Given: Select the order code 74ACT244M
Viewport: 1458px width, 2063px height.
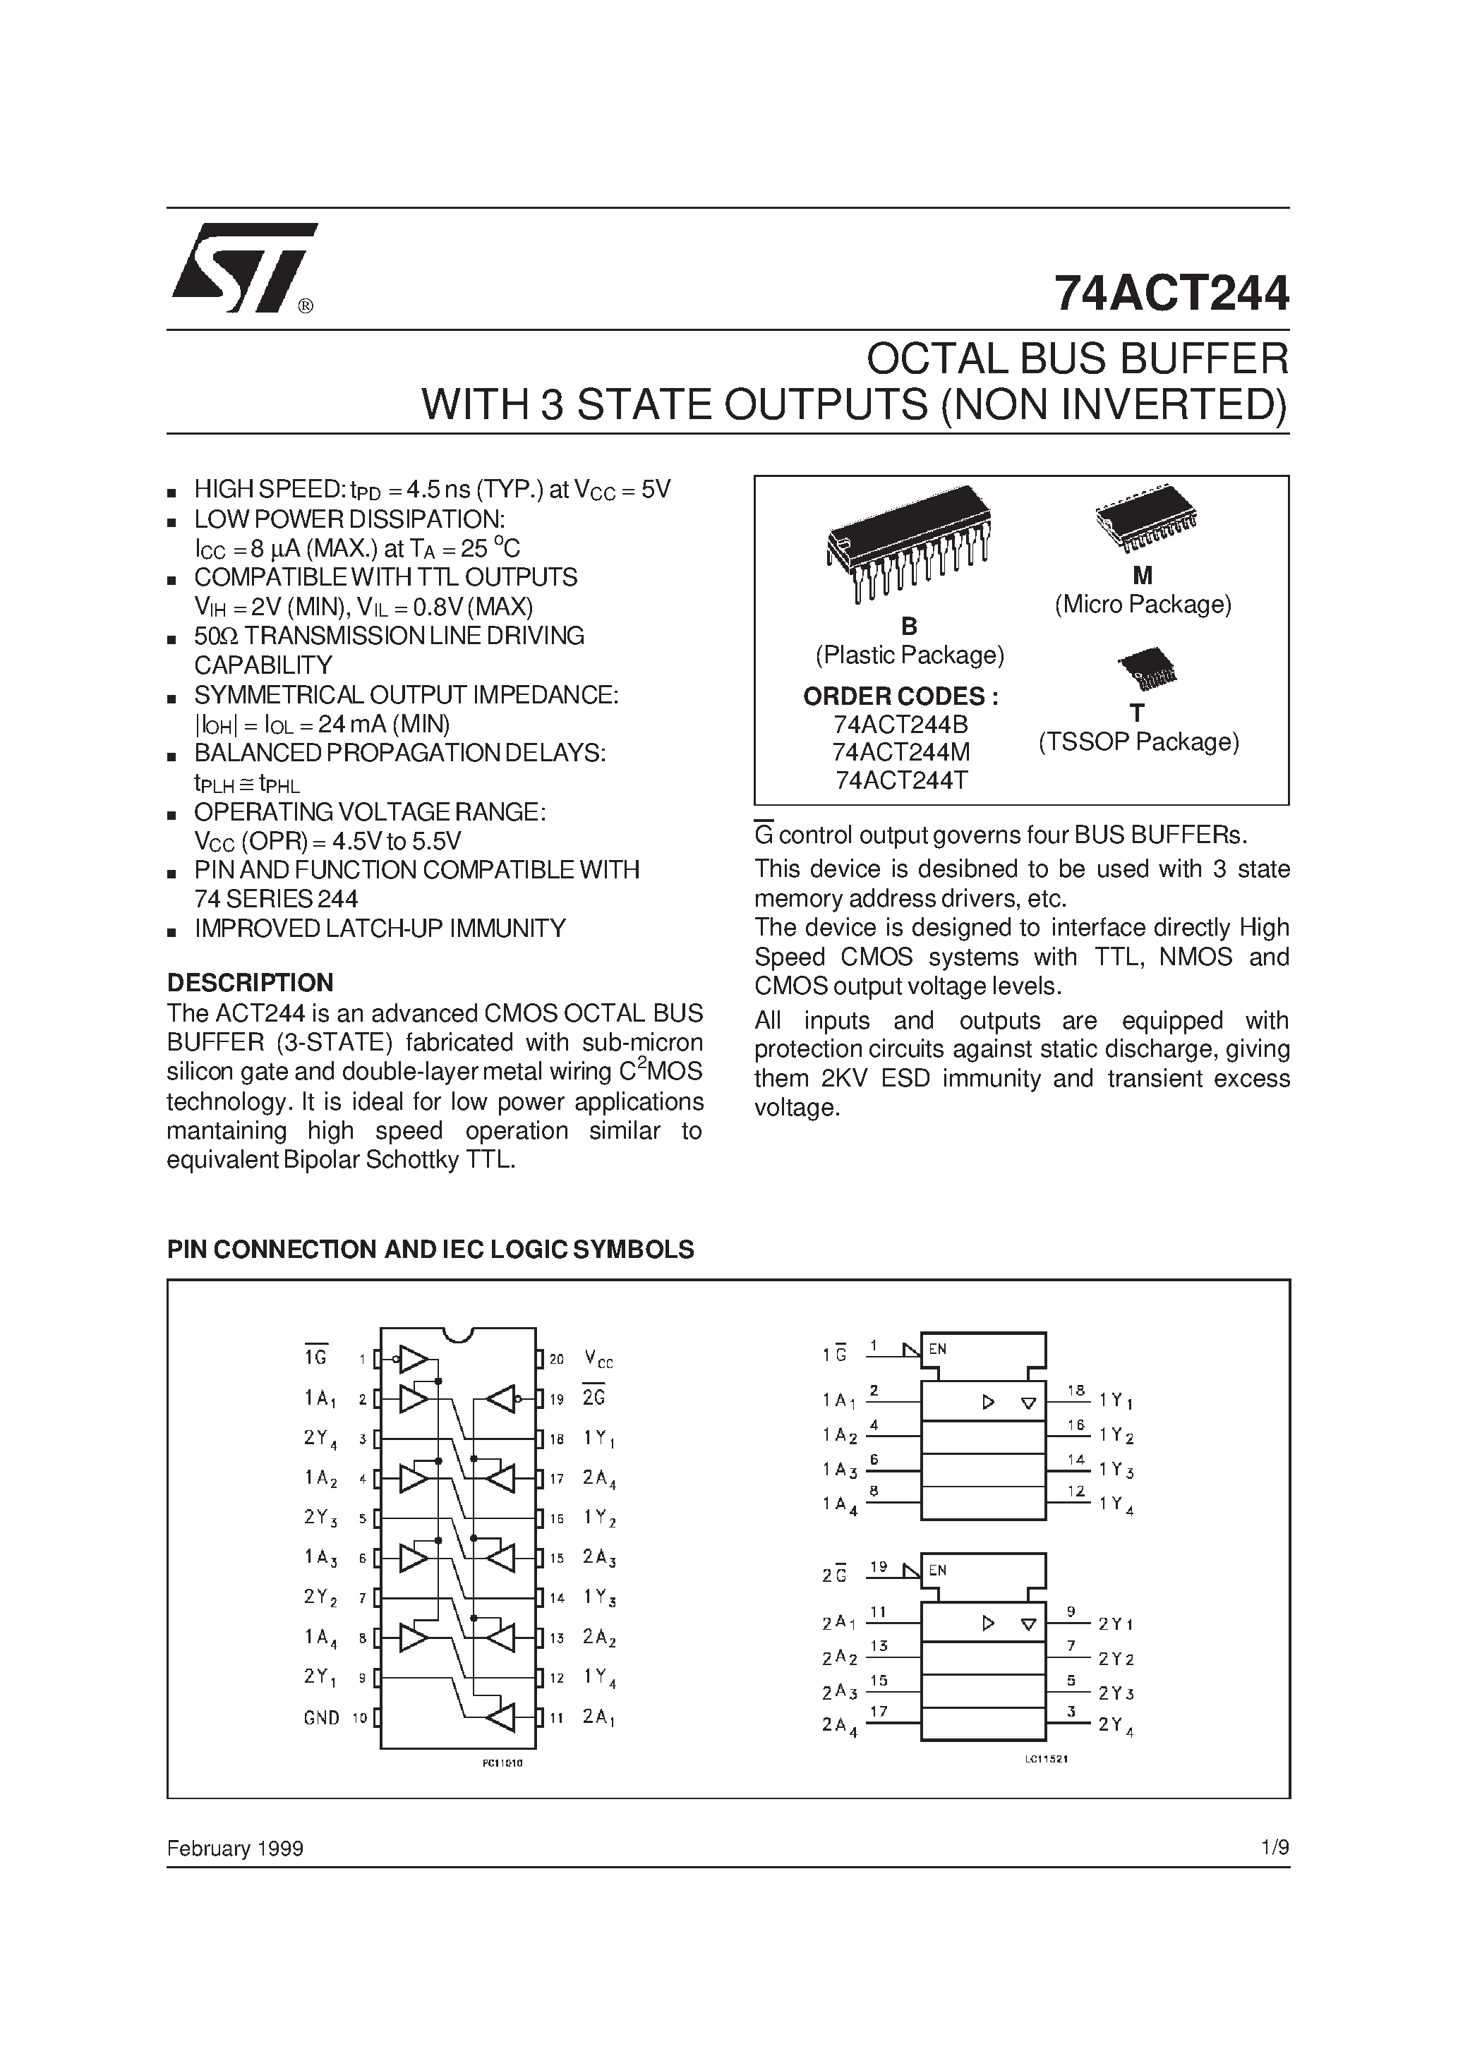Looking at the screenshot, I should pyautogui.click(x=900, y=752).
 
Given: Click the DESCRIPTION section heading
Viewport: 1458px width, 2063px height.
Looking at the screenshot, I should pyautogui.click(x=250, y=982).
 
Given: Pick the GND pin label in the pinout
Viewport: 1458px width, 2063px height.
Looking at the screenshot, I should pyautogui.click(x=321, y=1718).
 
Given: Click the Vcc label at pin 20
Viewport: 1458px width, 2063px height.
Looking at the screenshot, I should pyautogui.click(x=598, y=1359).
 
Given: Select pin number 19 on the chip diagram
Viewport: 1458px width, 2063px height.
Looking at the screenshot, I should pyautogui.click(x=556, y=1399).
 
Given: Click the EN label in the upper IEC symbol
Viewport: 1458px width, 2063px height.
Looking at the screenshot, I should pyautogui.click(x=938, y=1349).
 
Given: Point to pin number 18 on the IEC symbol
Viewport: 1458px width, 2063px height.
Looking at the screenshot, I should pyautogui.click(x=1076, y=1389).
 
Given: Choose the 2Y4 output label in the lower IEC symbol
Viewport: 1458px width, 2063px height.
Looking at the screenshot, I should pyautogui.click(x=1116, y=1724).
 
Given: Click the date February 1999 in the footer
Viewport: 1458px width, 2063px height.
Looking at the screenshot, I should pyautogui.click(x=236, y=1849).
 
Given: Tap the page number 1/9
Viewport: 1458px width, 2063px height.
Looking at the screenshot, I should pyautogui.click(x=1275, y=1849).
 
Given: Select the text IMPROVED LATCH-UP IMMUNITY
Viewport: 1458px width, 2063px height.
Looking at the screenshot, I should pyautogui.click(x=380, y=928).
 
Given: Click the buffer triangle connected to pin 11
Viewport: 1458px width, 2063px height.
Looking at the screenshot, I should pyautogui.click(x=500, y=1717).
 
